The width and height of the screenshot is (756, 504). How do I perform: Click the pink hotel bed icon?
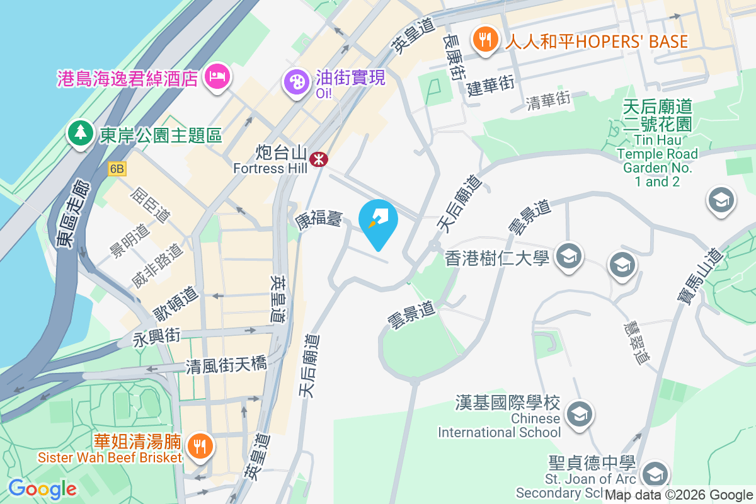click(217, 77)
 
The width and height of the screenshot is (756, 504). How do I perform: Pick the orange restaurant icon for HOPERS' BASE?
click(484, 40)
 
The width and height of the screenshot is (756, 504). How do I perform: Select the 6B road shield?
click(117, 169)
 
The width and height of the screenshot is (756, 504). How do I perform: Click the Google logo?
click(42, 488)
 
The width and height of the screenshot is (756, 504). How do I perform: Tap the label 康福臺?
click(318, 220)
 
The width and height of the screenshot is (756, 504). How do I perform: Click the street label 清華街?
click(548, 100)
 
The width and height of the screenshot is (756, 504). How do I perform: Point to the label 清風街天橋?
click(226, 365)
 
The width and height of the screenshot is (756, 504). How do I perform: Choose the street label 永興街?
click(156, 337)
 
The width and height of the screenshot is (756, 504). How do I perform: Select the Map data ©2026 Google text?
click(679, 495)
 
